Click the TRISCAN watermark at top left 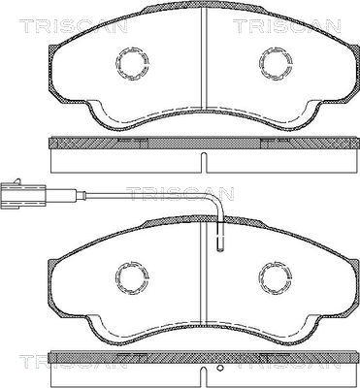click(74, 26)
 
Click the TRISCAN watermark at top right click(286, 26)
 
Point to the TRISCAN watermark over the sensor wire click(181, 193)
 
